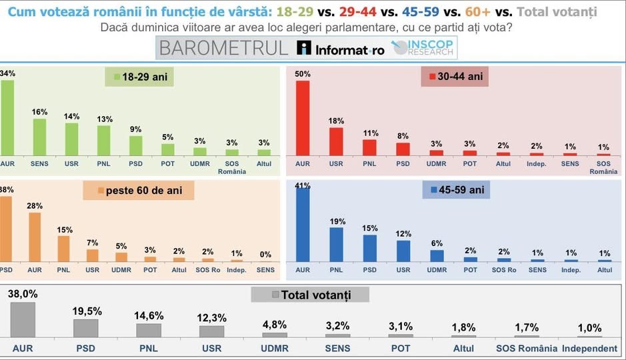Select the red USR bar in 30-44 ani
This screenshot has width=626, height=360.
pyautogui.click(x=336, y=141)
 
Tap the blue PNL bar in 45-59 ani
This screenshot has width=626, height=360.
pyautogui.click(x=336, y=245)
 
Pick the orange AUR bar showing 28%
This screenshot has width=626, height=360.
pyautogui.click(x=35, y=237)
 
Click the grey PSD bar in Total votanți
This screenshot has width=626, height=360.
pyautogui.click(x=85, y=329)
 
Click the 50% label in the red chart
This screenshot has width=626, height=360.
pyautogui.click(x=303, y=74)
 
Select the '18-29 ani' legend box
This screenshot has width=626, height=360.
pyautogui.click(x=139, y=77)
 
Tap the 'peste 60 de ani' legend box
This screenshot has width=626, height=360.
pyautogui.click(x=139, y=191)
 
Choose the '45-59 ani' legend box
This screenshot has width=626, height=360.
pyautogui.click(x=456, y=191)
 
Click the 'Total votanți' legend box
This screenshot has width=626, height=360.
pyautogui.click(x=310, y=295)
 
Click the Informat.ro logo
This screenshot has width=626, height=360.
pyautogui.click(x=341, y=49)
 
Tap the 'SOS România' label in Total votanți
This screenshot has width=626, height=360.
pyautogui.click(x=526, y=349)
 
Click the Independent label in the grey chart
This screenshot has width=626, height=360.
pyautogui.click(x=589, y=349)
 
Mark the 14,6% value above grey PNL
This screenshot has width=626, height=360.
pyautogui.click(x=149, y=315)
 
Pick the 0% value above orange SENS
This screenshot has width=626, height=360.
pyautogui.click(x=265, y=254)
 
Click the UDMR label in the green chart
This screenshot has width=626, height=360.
pyautogui.click(x=199, y=163)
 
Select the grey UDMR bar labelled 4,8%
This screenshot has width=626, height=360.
pyautogui.click(x=275, y=335)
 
